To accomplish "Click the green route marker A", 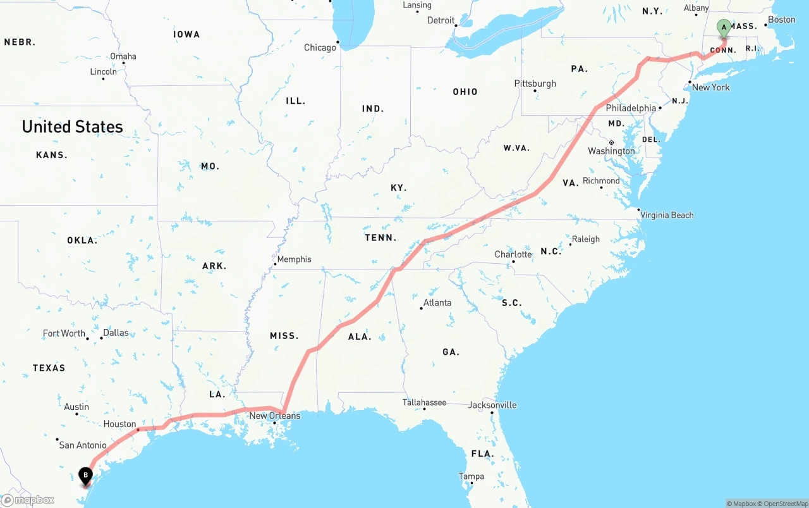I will tap(724, 27).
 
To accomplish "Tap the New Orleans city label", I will tap(275, 416).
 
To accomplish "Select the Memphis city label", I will tap(294, 259).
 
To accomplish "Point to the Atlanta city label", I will tap(437, 303).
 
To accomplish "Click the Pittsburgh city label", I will tap(535, 84).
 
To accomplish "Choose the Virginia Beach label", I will tap(667, 215).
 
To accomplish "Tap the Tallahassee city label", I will tap(424, 402).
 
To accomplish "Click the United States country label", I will tap(73, 127).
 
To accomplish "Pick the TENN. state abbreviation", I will tap(380, 238).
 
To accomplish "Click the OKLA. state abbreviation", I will tap(82, 240).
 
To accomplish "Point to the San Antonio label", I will tap(83, 445).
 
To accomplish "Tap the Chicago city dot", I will tap(338, 42).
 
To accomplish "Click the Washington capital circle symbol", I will tap(611, 142).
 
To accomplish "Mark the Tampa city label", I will tap(471, 476).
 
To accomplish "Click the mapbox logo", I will tap(28, 500).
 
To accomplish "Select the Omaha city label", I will tap(123, 56).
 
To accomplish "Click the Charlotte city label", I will tap(513, 254).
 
